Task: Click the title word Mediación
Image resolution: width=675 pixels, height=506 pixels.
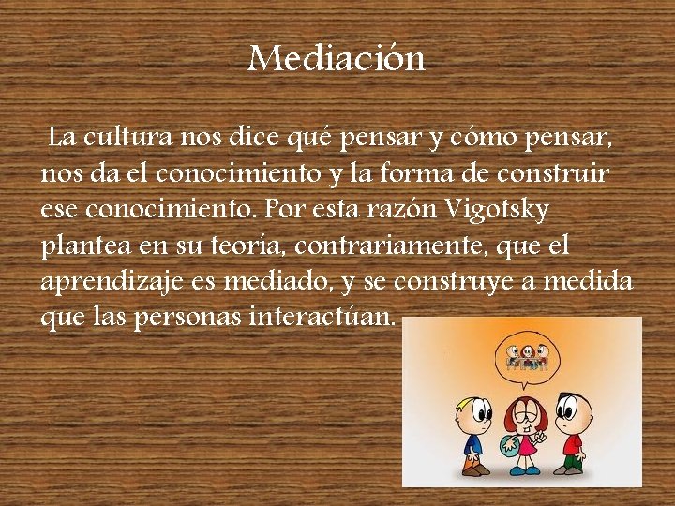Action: pyautogui.click(x=337, y=59)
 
